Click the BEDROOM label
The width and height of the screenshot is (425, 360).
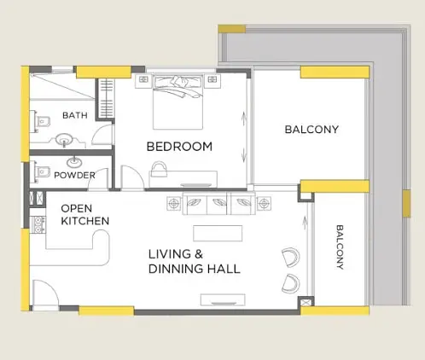point(179,147)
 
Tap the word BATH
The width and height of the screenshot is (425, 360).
point(75,115)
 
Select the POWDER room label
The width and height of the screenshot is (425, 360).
point(74,175)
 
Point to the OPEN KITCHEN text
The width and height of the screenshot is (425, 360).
point(84,215)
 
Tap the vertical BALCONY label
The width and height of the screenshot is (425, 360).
point(340,247)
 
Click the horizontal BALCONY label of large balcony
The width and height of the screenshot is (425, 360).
point(311,130)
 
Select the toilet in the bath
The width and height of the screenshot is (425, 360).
point(41,122)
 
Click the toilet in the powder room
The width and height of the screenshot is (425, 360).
point(41,171)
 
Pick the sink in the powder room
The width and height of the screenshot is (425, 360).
point(74,163)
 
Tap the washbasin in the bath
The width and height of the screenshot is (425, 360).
point(64,140)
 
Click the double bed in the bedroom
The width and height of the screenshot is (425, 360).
point(178,102)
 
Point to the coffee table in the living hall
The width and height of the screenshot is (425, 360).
point(218,233)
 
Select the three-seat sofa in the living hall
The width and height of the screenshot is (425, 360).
point(219,204)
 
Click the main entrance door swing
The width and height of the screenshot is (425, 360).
point(45,293)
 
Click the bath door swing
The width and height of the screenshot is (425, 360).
point(102,136)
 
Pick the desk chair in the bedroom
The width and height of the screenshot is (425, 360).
point(160,169)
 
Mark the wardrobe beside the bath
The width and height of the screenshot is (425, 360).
point(106,98)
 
